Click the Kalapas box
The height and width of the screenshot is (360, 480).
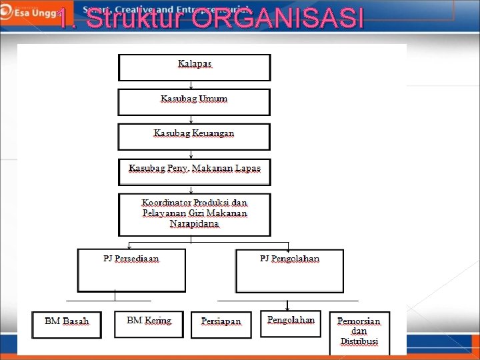click(x=195, y=67)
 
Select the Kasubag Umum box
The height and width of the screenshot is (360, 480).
click(x=194, y=102)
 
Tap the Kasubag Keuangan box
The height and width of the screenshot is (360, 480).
click(x=194, y=137)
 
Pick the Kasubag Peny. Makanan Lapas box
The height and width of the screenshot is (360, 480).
click(x=195, y=171)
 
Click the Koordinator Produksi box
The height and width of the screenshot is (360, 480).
click(x=195, y=214)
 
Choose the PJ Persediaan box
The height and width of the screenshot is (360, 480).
click(x=131, y=270)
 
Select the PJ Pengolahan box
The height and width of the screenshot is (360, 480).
click(x=289, y=271)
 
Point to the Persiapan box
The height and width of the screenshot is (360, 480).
click(x=221, y=324)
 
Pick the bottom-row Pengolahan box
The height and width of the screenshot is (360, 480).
click(x=291, y=323)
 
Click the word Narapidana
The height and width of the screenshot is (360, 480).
click(x=194, y=224)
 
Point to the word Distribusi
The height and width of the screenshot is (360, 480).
click(x=359, y=341)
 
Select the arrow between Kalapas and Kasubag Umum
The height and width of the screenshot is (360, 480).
click(x=192, y=85)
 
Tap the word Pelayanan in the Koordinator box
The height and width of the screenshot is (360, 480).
click(x=166, y=213)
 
